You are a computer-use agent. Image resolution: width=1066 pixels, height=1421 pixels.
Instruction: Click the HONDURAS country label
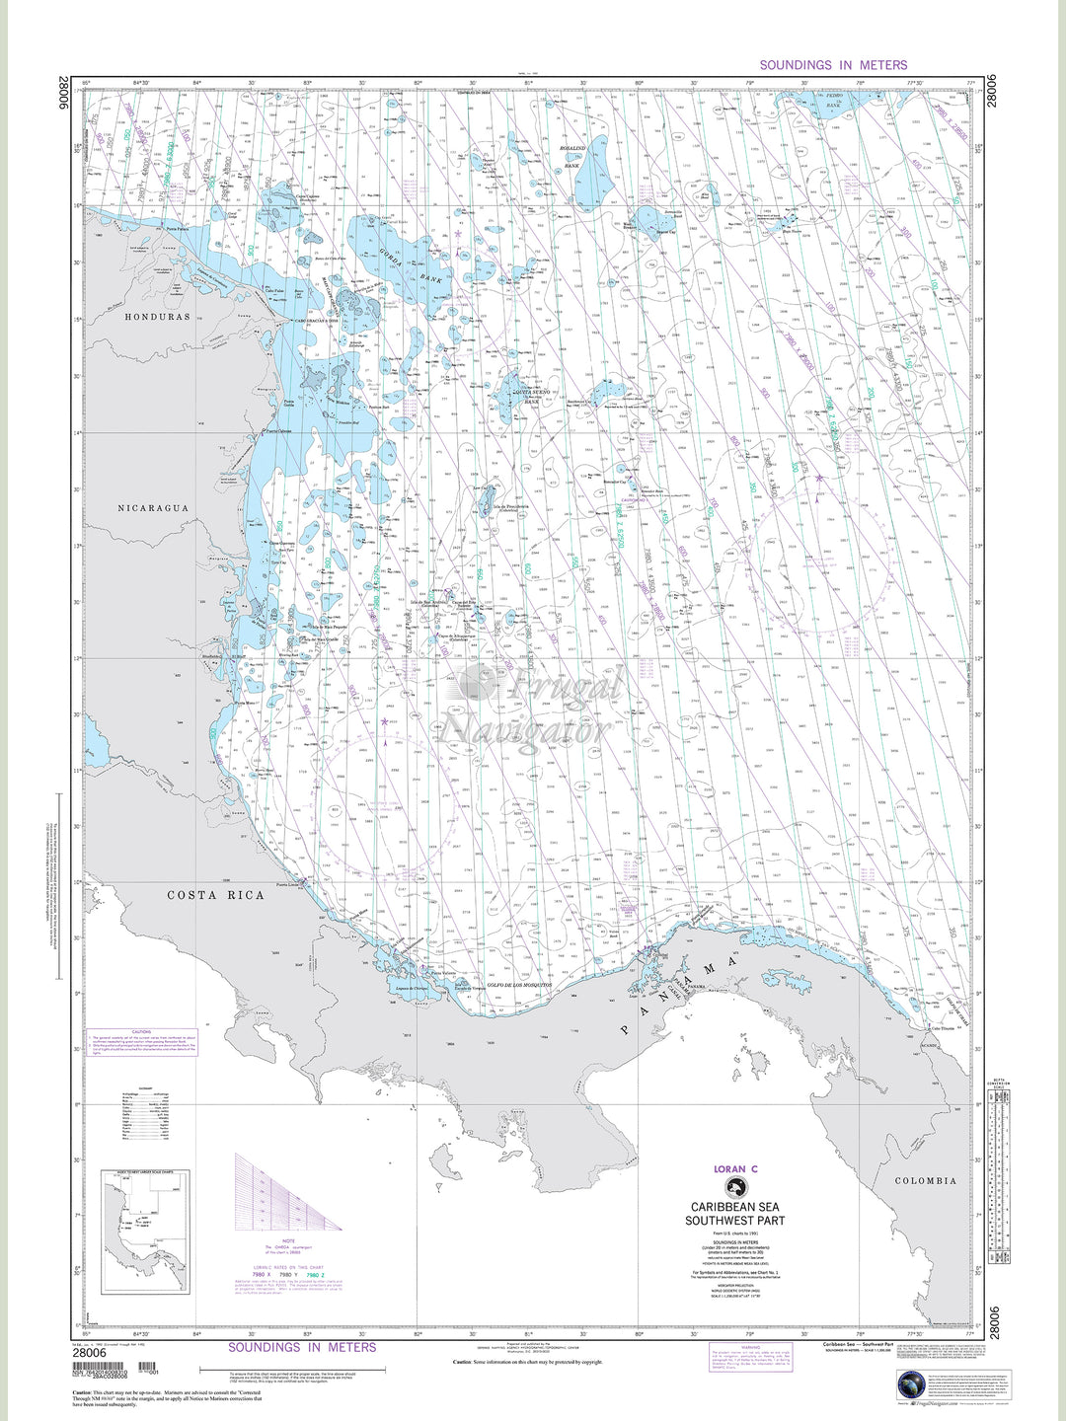coord(157,317)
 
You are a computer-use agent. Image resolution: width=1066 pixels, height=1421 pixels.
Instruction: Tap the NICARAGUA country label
coord(153,508)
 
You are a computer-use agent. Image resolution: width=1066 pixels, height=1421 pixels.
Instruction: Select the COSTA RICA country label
coord(215,895)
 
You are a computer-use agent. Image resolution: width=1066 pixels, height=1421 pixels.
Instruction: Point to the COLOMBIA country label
coord(925,1180)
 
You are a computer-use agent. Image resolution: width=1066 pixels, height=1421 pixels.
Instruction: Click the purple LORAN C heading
coord(735,1169)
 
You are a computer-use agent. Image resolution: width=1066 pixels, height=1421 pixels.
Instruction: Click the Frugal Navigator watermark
coord(533,706)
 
